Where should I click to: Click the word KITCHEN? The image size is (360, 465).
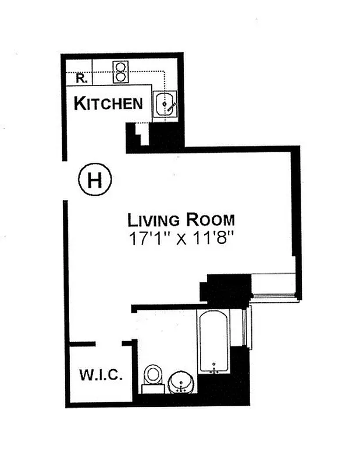(x=108, y=103)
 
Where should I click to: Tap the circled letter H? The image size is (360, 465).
(x=94, y=180)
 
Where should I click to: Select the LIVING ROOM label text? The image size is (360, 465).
(x=181, y=220)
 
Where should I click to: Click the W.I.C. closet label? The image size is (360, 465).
(x=101, y=375)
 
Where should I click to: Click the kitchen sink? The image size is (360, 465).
(x=165, y=106)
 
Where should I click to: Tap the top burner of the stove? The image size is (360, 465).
(x=120, y=66)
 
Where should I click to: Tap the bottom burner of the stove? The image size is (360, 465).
(x=120, y=76)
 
